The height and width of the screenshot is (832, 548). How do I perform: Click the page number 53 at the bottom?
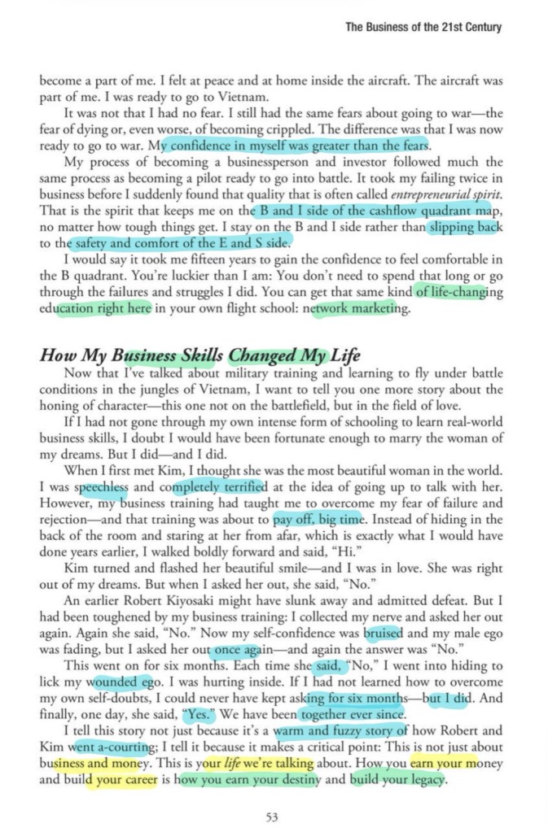tap(274, 816)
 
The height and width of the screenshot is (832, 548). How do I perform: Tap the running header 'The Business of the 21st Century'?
tap(423, 27)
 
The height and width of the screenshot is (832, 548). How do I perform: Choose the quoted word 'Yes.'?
tap(196, 715)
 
